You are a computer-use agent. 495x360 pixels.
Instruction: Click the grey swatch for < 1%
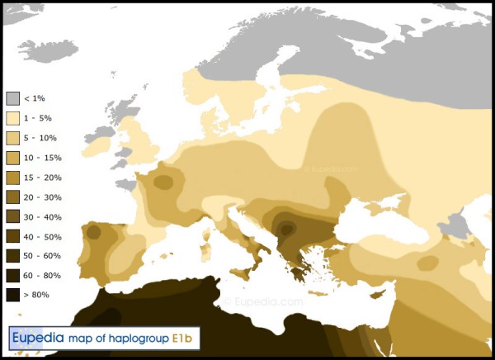(x=12, y=98)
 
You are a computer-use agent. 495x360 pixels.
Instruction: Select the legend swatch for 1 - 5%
(x=12, y=118)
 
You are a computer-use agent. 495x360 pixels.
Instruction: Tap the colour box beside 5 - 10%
(x=12, y=138)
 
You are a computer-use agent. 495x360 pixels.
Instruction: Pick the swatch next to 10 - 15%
(x=12, y=158)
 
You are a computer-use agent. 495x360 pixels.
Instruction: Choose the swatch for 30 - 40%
(x=12, y=217)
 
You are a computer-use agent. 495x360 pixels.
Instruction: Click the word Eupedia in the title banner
(x=36, y=338)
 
